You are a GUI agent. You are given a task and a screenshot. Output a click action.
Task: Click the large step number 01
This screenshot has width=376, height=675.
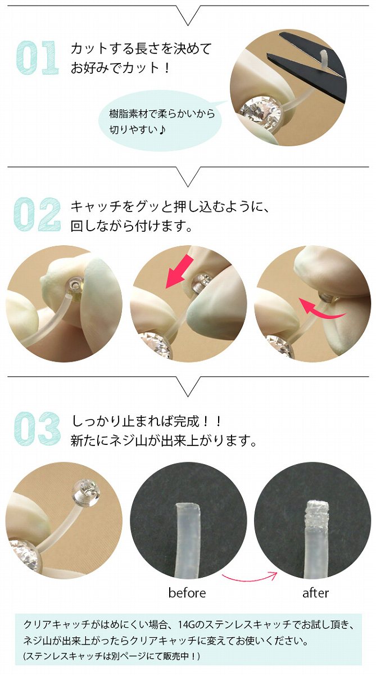point(37,57)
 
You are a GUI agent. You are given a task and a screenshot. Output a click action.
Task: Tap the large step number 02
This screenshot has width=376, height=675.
point(37,214)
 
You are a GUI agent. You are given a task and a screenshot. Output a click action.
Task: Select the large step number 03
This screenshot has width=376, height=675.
point(37,429)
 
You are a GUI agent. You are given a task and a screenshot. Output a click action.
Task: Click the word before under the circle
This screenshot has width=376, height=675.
point(187,593)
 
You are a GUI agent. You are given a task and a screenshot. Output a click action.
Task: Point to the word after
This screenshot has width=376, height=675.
point(315,593)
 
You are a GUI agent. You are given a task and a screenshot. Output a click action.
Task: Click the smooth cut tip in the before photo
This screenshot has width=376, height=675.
point(188,507)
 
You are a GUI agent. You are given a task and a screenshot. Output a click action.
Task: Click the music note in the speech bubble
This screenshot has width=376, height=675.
point(162,130)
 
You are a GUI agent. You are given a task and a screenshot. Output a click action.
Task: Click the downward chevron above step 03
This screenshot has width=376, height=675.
point(188,386)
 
